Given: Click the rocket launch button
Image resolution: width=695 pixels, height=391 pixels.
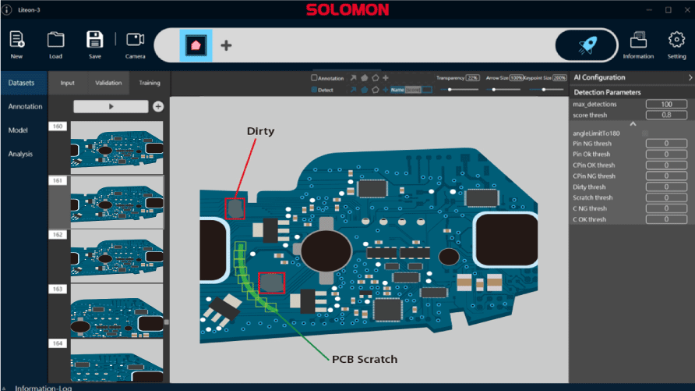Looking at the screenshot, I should point(584,45).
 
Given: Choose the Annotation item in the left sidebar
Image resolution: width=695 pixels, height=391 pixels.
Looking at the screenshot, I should point(25,107).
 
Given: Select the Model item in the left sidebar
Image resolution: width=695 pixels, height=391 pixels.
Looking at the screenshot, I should point(18,130).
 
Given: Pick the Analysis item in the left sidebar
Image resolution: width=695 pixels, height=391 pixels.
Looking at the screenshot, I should point(21,154).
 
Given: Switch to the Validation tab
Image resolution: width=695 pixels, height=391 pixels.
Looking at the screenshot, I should point(108,83).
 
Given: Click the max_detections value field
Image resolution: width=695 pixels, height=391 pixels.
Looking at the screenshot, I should point(665,105).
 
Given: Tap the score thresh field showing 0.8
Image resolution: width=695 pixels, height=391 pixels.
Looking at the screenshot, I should point(665,115).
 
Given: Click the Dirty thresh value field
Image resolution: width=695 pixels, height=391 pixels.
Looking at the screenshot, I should point(665,187).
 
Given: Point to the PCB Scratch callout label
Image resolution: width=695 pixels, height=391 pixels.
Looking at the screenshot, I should point(365,360).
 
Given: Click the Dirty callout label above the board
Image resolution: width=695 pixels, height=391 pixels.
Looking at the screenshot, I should point(260,131).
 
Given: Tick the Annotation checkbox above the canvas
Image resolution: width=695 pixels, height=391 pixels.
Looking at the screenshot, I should point(314,78).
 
